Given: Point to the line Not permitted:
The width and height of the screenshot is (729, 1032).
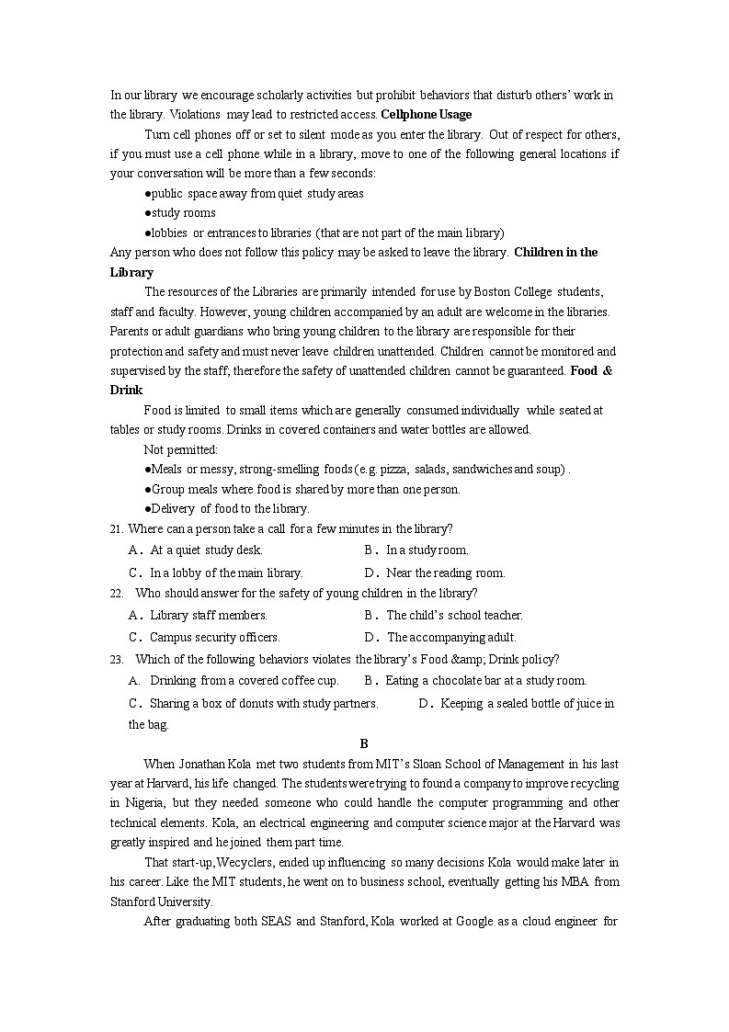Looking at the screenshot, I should (x=180, y=449).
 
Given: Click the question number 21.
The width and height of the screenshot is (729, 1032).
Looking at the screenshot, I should (x=116, y=529).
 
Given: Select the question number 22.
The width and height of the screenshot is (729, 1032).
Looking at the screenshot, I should (x=116, y=594).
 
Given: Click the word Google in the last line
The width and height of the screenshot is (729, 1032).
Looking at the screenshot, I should (x=475, y=921).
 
